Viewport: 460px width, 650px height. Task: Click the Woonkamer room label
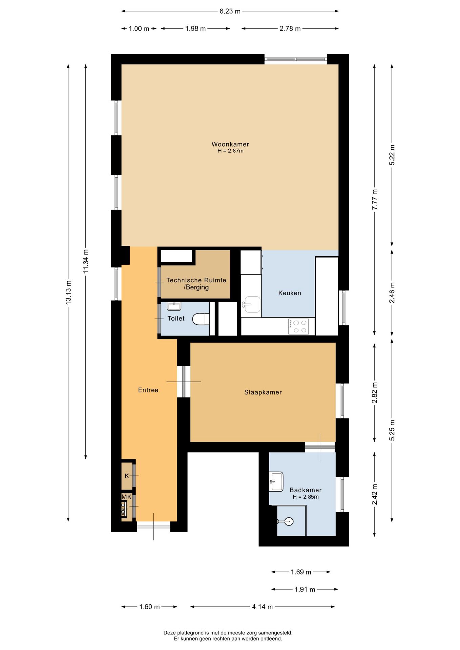pyautogui.click(x=230, y=144)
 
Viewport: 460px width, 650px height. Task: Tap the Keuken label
pyautogui.click(x=290, y=293)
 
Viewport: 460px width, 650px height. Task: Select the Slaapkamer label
pyautogui.click(x=263, y=392)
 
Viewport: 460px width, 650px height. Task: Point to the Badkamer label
pyautogui.click(x=306, y=490)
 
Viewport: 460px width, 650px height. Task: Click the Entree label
pyautogui.click(x=148, y=390)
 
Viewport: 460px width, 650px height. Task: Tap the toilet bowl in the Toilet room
pyautogui.click(x=201, y=319)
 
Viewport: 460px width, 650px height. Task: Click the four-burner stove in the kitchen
pyautogui.click(x=299, y=327)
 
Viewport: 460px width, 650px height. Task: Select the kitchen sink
pyautogui.click(x=251, y=304)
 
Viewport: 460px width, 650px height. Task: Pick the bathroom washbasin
pyautogui.click(x=276, y=481)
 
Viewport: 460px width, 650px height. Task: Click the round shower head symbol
pyautogui.click(x=288, y=521)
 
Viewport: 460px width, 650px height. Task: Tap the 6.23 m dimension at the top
pyautogui.click(x=230, y=11)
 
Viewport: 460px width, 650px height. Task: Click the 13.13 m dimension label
pyautogui.click(x=68, y=292)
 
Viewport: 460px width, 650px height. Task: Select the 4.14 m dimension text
pyautogui.click(x=262, y=607)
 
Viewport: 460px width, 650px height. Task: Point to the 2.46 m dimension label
pyautogui.click(x=392, y=293)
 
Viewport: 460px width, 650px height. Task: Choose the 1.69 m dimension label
pyautogui.click(x=301, y=572)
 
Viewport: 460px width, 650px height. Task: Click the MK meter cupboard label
pyautogui.click(x=127, y=497)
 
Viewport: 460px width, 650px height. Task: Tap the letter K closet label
pyautogui.click(x=127, y=476)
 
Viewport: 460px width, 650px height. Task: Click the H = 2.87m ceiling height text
pyautogui.click(x=230, y=151)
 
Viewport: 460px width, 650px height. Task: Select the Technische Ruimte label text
pyautogui.click(x=196, y=280)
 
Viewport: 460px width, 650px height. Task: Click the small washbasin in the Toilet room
pyautogui.click(x=174, y=306)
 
